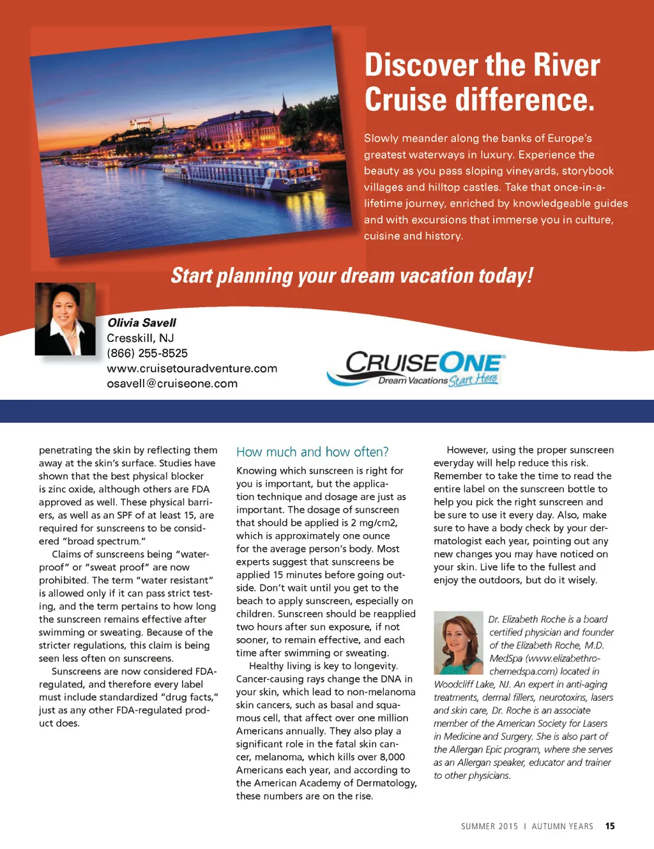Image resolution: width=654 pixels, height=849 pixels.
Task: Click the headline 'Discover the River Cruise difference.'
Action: (x=482, y=82)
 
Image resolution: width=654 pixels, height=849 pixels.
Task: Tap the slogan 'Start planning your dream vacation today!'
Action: (x=351, y=275)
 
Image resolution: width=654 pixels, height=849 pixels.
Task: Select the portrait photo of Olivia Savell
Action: (x=65, y=319)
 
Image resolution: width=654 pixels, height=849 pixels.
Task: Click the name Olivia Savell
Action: (x=141, y=323)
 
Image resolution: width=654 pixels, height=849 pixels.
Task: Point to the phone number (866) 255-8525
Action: (x=147, y=353)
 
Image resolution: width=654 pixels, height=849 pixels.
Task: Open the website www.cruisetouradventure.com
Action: (x=192, y=369)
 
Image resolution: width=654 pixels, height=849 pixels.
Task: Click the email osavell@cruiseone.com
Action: (x=172, y=384)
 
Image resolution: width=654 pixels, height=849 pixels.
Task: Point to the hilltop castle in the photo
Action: (x=142, y=121)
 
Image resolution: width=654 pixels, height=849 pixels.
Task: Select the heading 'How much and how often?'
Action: (x=312, y=452)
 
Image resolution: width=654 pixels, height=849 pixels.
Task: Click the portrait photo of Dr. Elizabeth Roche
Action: (x=458, y=643)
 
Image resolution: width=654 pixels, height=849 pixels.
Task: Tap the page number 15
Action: (x=610, y=826)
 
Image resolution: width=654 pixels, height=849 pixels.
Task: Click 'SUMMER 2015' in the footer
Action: (x=489, y=827)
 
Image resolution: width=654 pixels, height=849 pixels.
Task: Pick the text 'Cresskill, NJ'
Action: (x=140, y=338)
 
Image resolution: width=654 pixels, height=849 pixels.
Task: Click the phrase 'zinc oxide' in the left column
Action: (x=74, y=489)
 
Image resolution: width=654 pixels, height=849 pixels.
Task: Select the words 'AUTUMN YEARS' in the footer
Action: (x=562, y=827)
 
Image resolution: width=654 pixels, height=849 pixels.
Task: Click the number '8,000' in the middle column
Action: (x=392, y=757)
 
